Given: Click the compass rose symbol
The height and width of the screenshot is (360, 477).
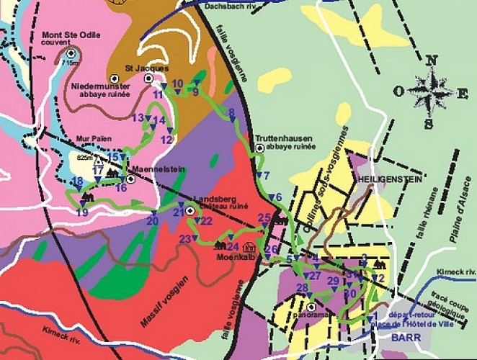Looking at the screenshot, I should pos(430,92).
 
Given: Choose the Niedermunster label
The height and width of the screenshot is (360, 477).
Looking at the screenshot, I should pos(96,86).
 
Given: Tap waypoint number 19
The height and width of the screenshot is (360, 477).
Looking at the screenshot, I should pos(82,212).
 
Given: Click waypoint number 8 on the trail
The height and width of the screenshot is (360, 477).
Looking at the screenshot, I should pos(231,113).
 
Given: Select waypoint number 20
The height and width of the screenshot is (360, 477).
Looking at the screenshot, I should pos(152,221).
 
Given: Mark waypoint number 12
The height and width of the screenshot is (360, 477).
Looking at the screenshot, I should pos(166,139).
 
